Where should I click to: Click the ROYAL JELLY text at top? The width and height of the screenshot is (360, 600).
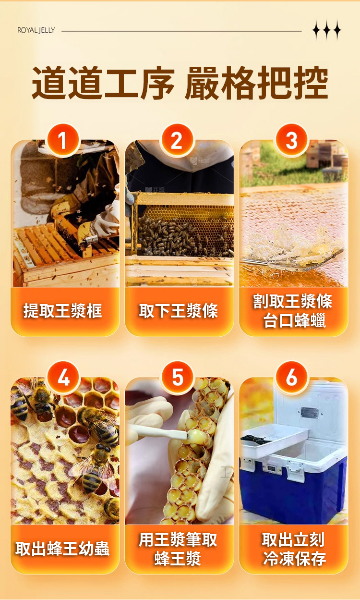click(x=36, y=30)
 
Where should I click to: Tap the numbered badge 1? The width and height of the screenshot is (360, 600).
click(x=63, y=140)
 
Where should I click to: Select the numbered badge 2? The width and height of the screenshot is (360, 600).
click(x=177, y=140)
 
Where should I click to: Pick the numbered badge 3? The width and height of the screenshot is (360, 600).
click(x=291, y=140)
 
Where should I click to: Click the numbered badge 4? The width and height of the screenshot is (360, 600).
click(x=63, y=378)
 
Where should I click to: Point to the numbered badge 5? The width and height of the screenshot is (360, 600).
click(x=178, y=378)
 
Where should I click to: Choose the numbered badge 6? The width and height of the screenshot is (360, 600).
click(x=291, y=378)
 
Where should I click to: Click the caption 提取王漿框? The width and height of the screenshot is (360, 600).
click(x=63, y=311)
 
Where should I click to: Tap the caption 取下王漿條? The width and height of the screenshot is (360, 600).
click(x=179, y=311)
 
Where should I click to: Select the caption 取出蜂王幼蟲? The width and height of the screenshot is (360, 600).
click(x=62, y=549)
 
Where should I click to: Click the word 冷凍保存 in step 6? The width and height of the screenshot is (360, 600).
click(x=294, y=559)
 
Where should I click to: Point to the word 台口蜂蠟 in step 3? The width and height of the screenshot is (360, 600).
click(x=294, y=320)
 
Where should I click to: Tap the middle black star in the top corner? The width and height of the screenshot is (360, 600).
click(x=326, y=30)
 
